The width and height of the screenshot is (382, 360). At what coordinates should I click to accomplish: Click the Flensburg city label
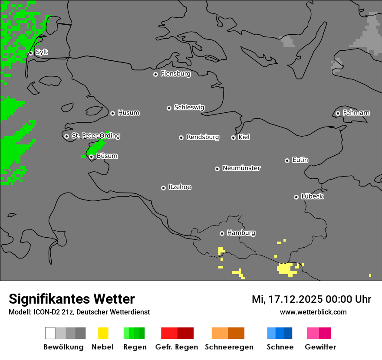pos(175,74)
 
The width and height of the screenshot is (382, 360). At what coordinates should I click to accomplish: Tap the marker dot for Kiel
pos(233,137)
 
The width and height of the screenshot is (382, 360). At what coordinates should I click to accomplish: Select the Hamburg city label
pos(241,233)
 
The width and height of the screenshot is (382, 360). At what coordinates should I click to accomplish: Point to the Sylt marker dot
pos(31,53)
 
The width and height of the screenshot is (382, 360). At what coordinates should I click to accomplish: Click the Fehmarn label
pos(356,113)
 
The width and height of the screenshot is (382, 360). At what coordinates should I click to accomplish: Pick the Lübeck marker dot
pos(296,197)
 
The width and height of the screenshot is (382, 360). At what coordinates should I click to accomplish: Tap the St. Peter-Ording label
pos(95,136)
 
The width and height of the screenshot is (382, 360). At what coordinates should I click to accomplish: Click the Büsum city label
pos(107,156)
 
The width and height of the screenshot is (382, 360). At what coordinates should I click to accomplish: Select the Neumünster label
pos(241,168)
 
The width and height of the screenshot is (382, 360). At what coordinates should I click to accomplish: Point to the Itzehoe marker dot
pos(163,188)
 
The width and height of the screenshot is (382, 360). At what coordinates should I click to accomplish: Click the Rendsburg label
pos(203,137)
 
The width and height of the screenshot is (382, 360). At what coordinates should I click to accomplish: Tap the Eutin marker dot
pos(287,160)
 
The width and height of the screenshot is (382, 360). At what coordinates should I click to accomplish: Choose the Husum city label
pos(128,113)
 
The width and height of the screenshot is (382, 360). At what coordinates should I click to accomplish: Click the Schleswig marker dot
pos(169,108)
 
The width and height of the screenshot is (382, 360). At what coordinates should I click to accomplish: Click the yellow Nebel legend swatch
pos(103,333)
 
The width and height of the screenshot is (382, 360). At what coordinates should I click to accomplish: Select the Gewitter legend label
pos(320,347)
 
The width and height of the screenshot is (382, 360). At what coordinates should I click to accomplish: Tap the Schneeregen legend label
pos(229,347)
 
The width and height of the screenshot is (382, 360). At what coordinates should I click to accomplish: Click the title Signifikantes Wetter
pos(72,299)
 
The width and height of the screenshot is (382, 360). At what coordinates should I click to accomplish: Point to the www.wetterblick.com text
pos(313,312)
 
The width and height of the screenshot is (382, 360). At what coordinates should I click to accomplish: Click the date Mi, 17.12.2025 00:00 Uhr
pos(311,299)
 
